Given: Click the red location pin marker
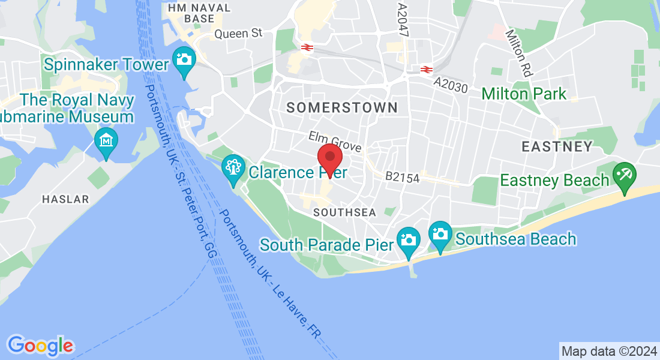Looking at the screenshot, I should tap(329, 158).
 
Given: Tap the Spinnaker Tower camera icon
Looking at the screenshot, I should tap(184, 61).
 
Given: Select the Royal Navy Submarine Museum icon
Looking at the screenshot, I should tap(106, 141).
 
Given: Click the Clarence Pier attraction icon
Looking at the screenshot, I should tap(233, 168).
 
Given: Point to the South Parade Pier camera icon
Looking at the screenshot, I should tap(409, 239).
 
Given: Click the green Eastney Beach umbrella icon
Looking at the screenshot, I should tap(624, 176).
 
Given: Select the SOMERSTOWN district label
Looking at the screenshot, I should tap(342, 107).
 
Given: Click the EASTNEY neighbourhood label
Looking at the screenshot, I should tap(557, 146).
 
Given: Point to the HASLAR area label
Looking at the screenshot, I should tap(65, 199).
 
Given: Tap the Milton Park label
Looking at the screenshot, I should tap(524, 94).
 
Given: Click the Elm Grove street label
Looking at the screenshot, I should tap(335, 141).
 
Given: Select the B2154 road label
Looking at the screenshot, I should tap(402, 178).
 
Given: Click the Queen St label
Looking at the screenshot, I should tap(238, 34).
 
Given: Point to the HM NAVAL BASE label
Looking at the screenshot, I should tap(191, 13).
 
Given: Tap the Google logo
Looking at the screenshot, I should tap(40, 346).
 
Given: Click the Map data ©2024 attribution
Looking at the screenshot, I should tap(608, 351).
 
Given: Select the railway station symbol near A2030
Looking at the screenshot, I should tap(427, 70).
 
